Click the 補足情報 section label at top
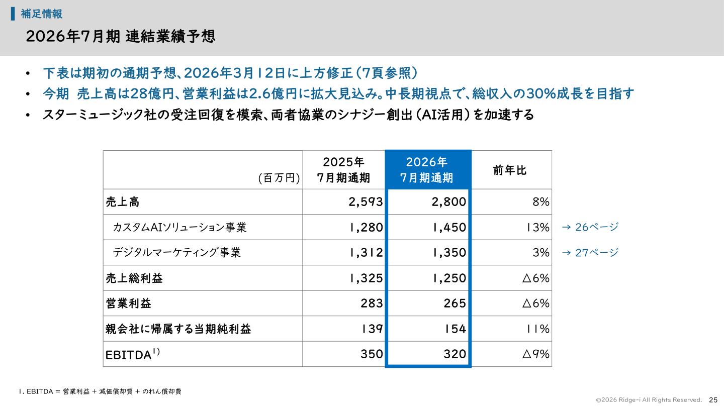(x=41, y=14)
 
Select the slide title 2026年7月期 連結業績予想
(x=120, y=37)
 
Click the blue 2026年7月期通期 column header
(x=427, y=170)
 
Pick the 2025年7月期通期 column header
(x=343, y=170)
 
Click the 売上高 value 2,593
(x=366, y=202)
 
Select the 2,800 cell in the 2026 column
(x=448, y=202)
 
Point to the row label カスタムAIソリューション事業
(x=179, y=227)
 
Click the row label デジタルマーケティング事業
(x=176, y=253)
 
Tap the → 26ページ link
(x=589, y=227)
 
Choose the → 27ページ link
(x=589, y=253)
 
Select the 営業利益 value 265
(x=455, y=303)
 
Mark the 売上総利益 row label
(x=134, y=278)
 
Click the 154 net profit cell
(x=455, y=329)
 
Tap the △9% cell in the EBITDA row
(x=535, y=354)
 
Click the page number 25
(x=713, y=399)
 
